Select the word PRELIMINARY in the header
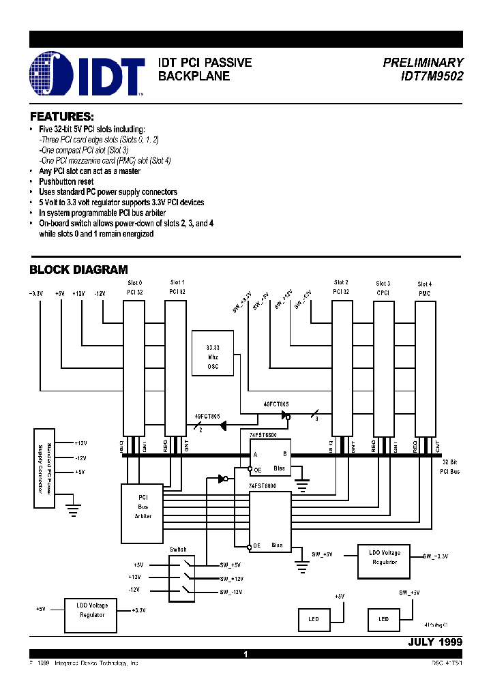click(x=423, y=63)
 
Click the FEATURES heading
click(x=61, y=117)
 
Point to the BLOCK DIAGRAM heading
click(x=78, y=270)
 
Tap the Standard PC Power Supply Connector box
click(x=44, y=468)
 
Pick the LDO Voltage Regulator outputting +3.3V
click(x=92, y=610)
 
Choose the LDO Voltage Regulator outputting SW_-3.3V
click(x=384, y=557)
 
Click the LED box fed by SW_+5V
click(x=384, y=619)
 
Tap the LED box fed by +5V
click(x=313, y=619)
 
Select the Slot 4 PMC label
click(x=425, y=288)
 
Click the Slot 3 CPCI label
click(x=383, y=288)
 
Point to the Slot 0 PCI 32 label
click(x=136, y=286)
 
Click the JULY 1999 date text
click(x=435, y=642)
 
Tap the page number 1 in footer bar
click(x=245, y=654)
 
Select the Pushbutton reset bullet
click(x=66, y=182)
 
